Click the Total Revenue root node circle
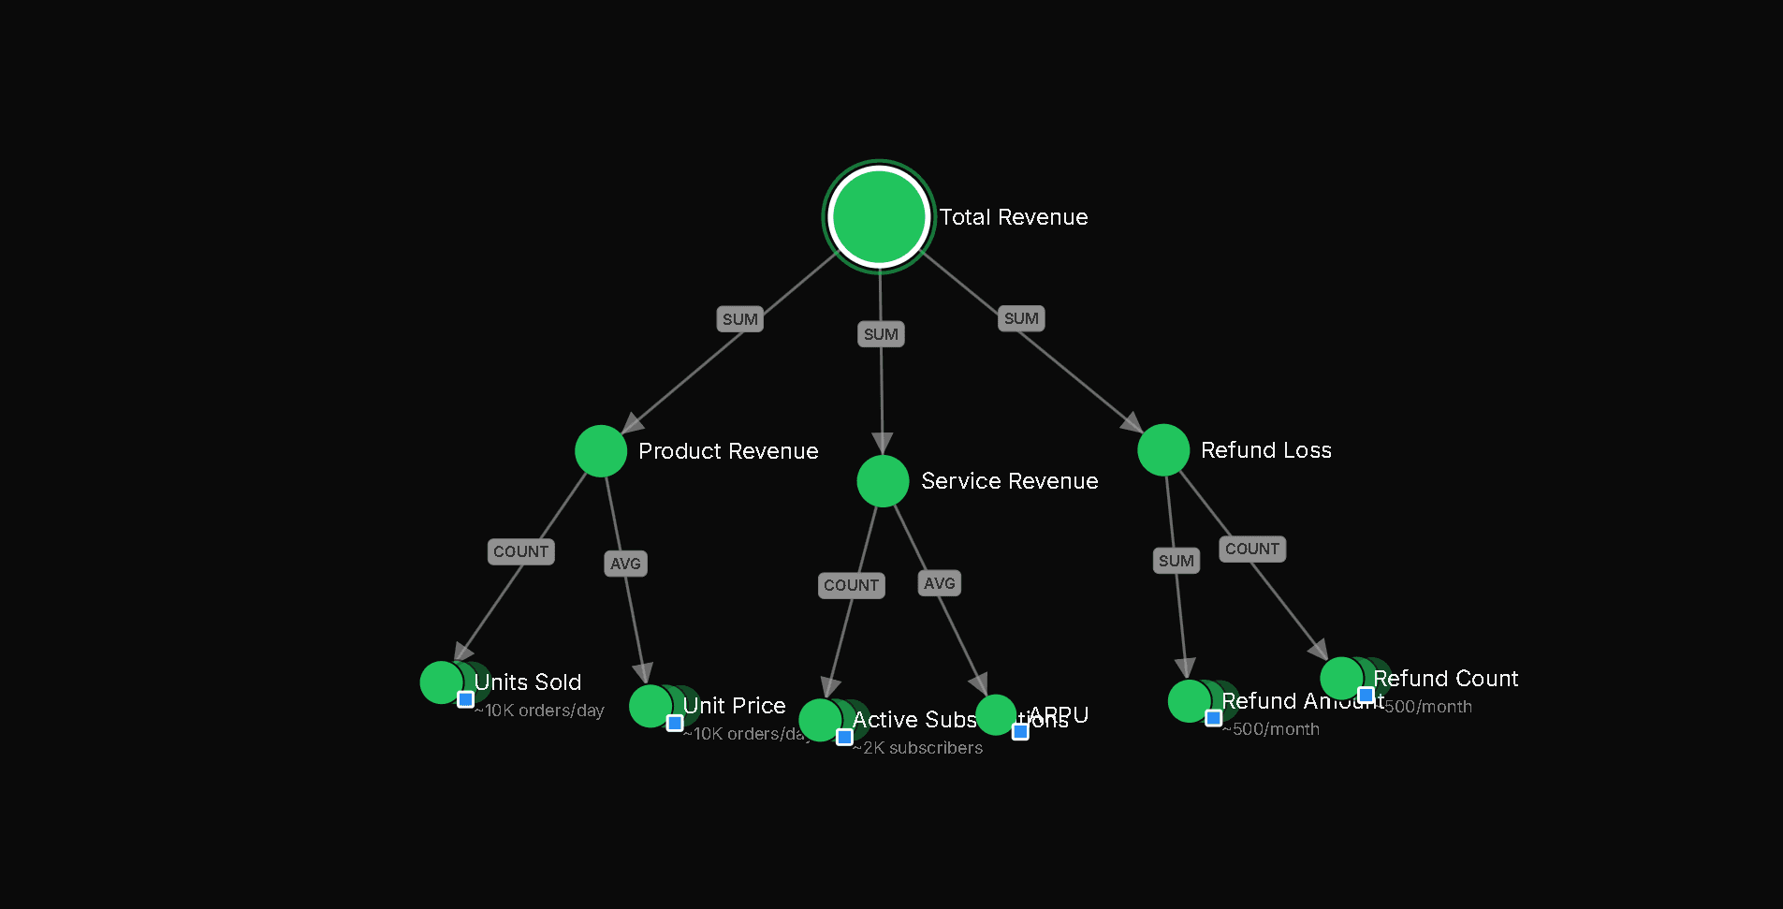(x=879, y=216)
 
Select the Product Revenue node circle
(x=601, y=451)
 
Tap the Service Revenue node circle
(x=883, y=481)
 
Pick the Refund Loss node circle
(x=1163, y=450)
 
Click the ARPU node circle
(x=996, y=715)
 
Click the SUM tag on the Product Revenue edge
(x=740, y=319)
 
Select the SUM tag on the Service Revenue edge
(x=881, y=334)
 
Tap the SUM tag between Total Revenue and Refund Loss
(x=1021, y=318)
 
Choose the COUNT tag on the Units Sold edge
(x=521, y=551)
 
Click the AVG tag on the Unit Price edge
(x=625, y=564)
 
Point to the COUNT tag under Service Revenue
(x=851, y=585)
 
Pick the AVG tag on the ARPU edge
(x=940, y=583)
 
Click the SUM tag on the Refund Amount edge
(x=1176, y=561)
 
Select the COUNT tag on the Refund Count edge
(x=1252, y=549)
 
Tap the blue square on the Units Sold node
(x=465, y=699)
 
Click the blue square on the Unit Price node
(x=675, y=723)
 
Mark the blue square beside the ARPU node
(x=1020, y=731)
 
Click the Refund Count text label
(x=1445, y=679)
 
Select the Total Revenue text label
(x=1014, y=217)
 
